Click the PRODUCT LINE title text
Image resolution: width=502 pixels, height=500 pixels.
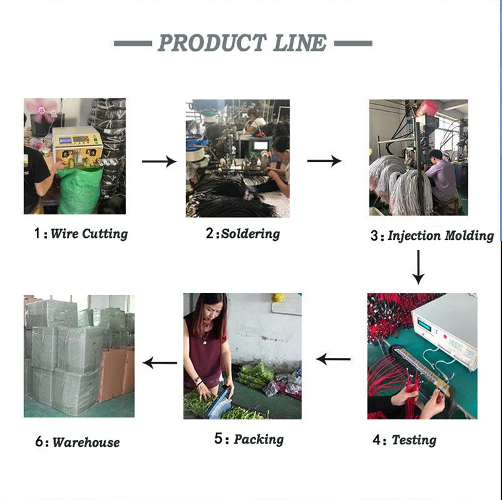242,43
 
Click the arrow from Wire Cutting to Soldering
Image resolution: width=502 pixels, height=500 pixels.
159,162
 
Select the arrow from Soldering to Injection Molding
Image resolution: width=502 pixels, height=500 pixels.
324,161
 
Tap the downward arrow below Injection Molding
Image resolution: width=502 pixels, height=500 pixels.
418,266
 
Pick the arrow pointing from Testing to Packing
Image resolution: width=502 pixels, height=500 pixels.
333,360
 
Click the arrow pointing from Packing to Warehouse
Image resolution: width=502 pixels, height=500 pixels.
160,363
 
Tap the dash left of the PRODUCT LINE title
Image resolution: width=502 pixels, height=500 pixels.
133,43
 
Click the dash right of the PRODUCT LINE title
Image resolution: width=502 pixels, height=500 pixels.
353,43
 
